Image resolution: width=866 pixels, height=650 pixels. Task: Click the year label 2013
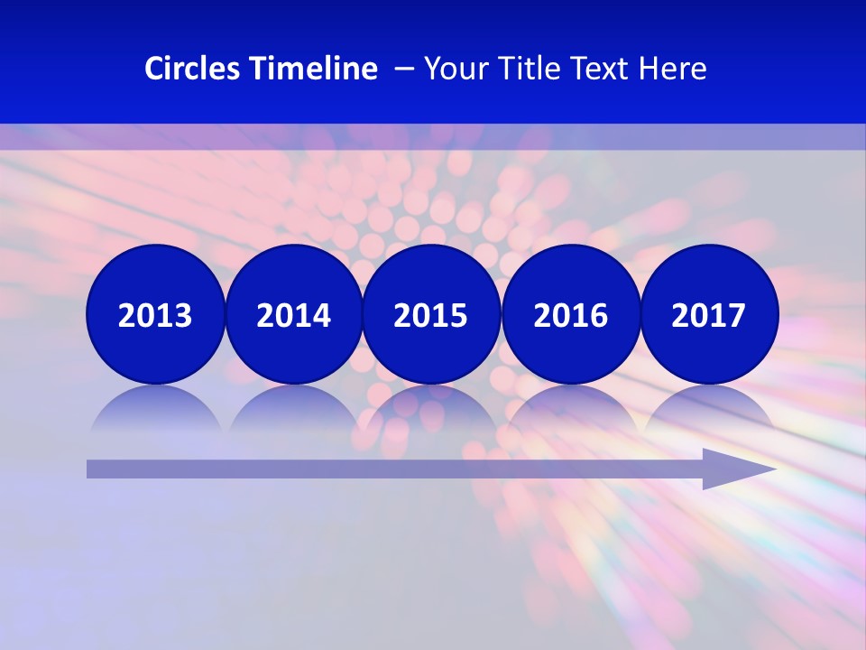[155, 315]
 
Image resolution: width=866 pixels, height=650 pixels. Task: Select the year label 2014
[293, 315]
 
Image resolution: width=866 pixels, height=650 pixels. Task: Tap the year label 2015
[430, 315]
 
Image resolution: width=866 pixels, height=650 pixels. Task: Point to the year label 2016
[570, 315]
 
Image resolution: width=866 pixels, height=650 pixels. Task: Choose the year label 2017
[708, 315]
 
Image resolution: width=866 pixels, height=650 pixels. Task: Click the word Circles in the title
[192, 69]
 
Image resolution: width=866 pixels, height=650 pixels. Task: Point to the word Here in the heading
[673, 69]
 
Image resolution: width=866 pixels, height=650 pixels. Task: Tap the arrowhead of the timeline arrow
[735, 469]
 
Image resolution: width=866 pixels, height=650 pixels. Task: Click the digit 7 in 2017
[736, 315]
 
